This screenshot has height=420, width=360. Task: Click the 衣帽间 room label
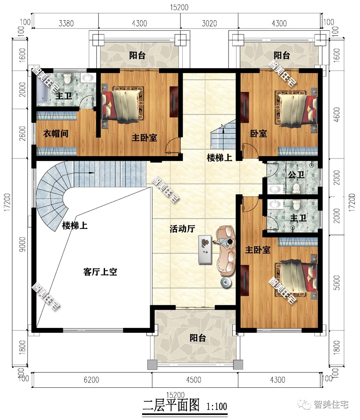tap(56, 133)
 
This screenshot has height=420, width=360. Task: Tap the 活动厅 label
tap(182, 229)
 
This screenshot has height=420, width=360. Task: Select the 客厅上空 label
tap(100, 272)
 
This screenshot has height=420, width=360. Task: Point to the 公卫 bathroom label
tap(296, 175)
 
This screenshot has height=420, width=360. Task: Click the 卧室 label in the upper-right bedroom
tap(258, 133)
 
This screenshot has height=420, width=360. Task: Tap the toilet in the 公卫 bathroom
tap(296, 188)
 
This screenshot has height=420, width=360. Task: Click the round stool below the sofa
tap(226, 283)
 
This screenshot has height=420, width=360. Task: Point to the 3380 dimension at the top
tap(66, 23)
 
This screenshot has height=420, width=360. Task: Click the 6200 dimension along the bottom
tap(91, 380)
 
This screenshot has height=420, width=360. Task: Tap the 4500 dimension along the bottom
tap(194, 380)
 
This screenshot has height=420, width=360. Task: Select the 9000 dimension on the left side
tap(22, 244)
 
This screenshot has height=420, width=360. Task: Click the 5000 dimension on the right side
tap(337, 282)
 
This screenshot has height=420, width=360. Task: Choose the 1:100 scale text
tap(217, 406)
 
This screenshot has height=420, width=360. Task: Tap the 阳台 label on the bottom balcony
tap(198, 338)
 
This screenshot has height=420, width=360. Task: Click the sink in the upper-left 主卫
tap(87, 78)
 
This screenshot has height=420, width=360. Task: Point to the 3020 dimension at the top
tap(209, 23)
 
